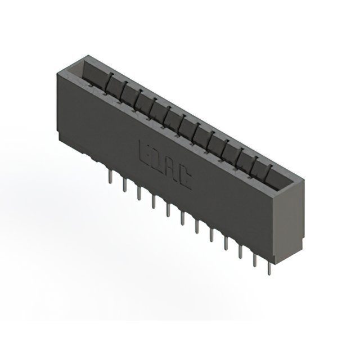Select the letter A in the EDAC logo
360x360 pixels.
[x=171, y=169]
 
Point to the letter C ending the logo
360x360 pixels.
[x=184, y=178]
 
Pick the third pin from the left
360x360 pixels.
[x=138, y=193]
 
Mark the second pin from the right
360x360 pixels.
[x=255, y=259]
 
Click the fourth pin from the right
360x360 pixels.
[x=226, y=242]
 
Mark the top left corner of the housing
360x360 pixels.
[x=57, y=71]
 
